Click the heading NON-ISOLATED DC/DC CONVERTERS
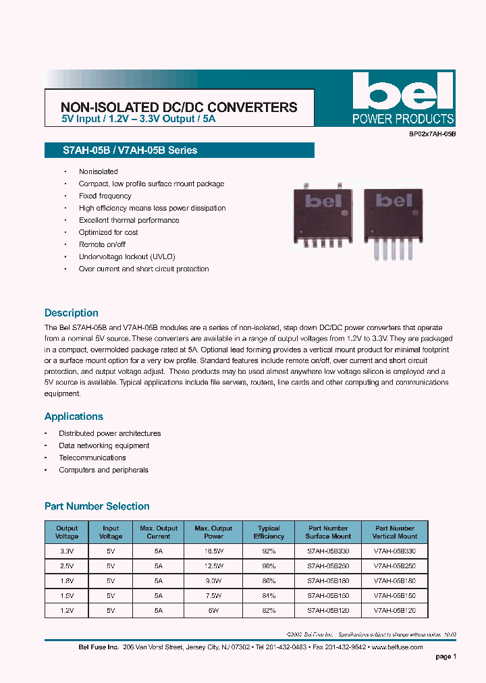click(179, 107)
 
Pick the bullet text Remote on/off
click(102, 244)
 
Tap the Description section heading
click(72, 313)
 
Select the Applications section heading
click(74, 416)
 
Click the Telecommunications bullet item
click(92, 458)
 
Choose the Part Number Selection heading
click(97, 506)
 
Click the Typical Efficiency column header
click(269, 532)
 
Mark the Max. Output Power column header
click(213, 532)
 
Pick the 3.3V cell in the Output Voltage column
click(67, 551)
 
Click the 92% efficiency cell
click(269, 551)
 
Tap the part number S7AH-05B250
click(329, 566)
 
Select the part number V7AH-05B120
click(394, 610)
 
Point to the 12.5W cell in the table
click(213, 566)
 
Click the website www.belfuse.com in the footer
click(397, 647)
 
